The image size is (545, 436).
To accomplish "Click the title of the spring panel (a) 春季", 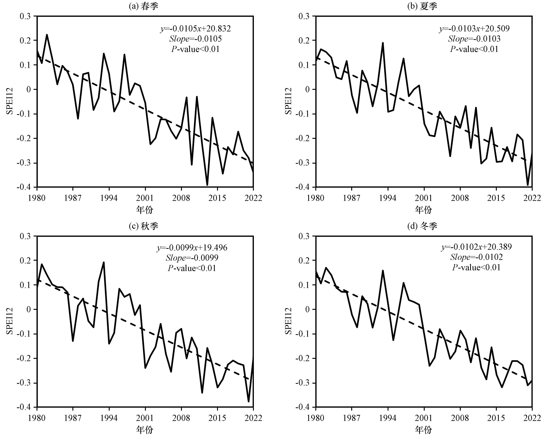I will (143, 6).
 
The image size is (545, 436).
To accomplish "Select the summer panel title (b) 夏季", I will (422, 6).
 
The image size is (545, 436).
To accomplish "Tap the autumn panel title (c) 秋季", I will (143, 226).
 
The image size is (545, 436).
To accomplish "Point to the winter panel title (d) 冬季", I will (422, 226).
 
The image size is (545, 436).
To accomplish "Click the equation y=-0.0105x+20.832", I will (195, 29).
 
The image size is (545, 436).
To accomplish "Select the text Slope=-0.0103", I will (474, 39).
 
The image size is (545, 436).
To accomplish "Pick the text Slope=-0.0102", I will (476, 257).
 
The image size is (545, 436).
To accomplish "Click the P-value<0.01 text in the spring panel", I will (195, 49).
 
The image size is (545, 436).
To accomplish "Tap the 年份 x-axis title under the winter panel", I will (423, 429).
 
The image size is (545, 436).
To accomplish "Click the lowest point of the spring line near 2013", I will (207, 185).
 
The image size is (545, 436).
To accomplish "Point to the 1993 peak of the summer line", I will (383, 43).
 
